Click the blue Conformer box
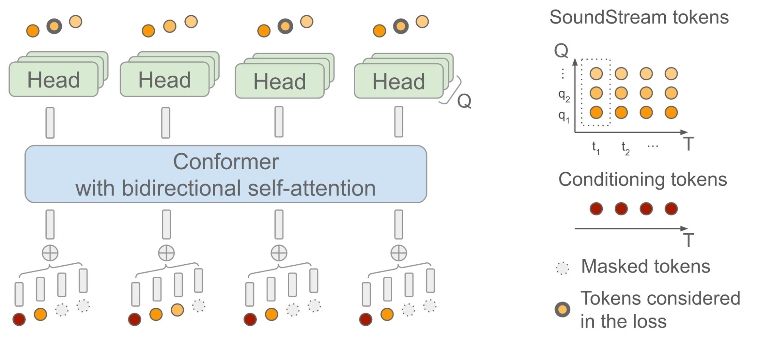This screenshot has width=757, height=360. (x=226, y=174)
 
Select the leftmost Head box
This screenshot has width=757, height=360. (x=53, y=80)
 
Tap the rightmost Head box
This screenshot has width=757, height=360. (x=399, y=81)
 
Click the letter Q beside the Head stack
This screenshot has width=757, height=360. (x=464, y=101)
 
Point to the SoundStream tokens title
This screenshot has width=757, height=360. (x=639, y=17)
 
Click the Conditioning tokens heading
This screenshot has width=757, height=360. (x=643, y=179)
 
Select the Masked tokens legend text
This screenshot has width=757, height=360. (x=645, y=266)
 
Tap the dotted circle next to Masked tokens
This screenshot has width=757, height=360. (x=562, y=268)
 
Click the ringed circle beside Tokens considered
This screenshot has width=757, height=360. (x=562, y=310)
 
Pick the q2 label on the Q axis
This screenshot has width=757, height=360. (x=564, y=96)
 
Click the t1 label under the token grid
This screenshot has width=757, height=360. (x=596, y=148)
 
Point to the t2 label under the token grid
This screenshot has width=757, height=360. (x=625, y=148)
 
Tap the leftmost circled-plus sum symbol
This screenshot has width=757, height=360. (x=50, y=253)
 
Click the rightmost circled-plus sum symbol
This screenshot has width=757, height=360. (x=399, y=253)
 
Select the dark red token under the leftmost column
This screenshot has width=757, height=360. (x=19, y=319)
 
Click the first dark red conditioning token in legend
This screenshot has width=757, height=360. (x=596, y=209)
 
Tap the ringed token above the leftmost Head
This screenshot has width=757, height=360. (x=54, y=26)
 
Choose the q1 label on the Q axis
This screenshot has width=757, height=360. (x=564, y=116)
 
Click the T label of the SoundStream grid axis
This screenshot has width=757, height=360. (x=688, y=144)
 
